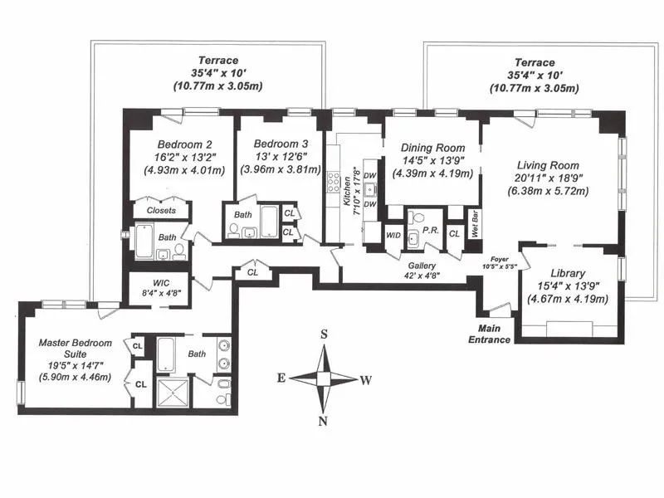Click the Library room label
click(x=569, y=273)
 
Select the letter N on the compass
click(x=325, y=420)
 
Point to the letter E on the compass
click(x=282, y=378)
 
